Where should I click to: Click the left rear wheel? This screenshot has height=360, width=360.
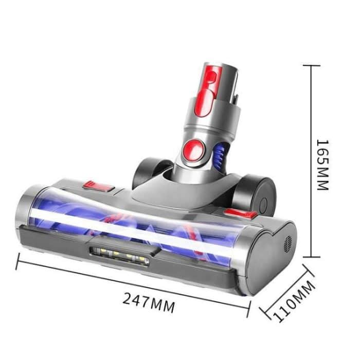145,172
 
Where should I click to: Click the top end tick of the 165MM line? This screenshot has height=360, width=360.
311,66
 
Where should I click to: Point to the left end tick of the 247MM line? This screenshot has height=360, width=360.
19,263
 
